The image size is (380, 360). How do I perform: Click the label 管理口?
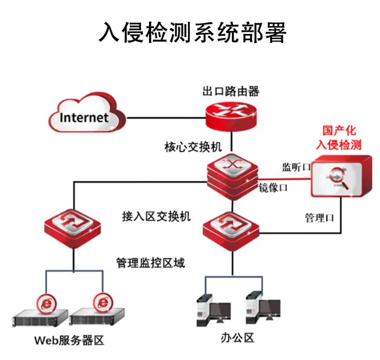point(319,218)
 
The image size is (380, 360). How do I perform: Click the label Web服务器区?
point(68,341)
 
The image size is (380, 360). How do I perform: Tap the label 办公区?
point(237,338)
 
